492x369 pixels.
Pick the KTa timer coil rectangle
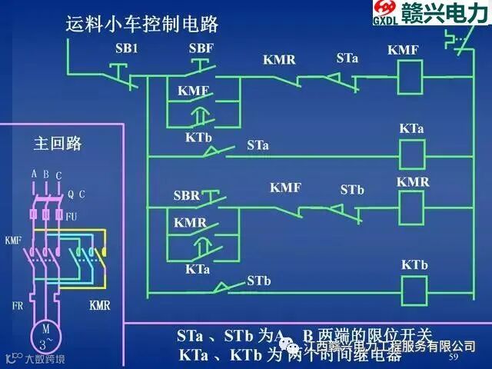click(413, 155)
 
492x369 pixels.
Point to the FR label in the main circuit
click(18, 305)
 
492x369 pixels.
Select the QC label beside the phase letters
click(76, 194)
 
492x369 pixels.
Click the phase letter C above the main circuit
click(58, 175)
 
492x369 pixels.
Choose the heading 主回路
click(58, 143)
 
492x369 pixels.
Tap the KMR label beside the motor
click(99, 306)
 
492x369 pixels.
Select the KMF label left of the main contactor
click(13, 241)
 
